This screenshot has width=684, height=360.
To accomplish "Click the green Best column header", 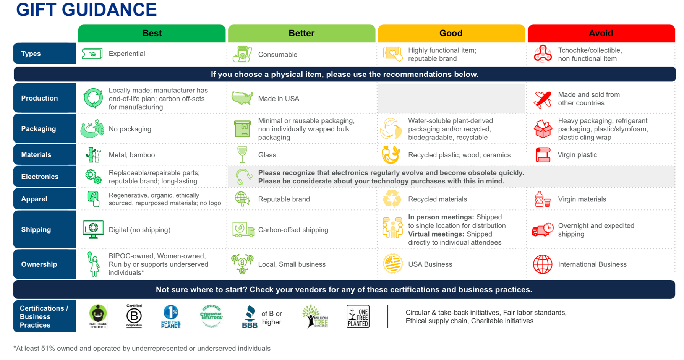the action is pyautogui.click(x=152, y=33).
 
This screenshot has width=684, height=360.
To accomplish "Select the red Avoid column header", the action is pyautogui.click(x=601, y=33).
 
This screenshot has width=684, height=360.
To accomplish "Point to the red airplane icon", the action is pyautogui.click(x=543, y=99).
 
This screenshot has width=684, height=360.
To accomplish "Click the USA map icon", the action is pyautogui.click(x=242, y=98).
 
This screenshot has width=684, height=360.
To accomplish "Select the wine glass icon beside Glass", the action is pyautogui.click(x=242, y=155).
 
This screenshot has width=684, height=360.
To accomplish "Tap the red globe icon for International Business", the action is pyautogui.click(x=543, y=264).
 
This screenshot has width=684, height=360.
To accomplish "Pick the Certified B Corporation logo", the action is pyautogui.click(x=134, y=316).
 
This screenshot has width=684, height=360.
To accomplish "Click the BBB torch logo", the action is pyautogui.click(x=250, y=316).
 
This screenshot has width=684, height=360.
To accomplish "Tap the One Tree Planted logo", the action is pyautogui.click(x=358, y=316).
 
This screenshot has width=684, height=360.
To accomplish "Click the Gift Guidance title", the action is pyautogui.click(x=86, y=10).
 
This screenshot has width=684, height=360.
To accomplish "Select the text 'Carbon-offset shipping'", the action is pyautogui.click(x=293, y=230).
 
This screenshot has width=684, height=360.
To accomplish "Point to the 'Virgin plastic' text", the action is pyautogui.click(x=577, y=155).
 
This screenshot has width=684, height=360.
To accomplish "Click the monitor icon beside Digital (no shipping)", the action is pyautogui.click(x=93, y=230).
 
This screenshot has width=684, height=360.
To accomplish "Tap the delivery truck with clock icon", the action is pyautogui.click(x=543, y=230).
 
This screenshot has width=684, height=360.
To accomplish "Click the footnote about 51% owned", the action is pyautogui.click(x=142, y=349).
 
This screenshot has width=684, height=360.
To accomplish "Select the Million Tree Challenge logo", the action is pyautogui.click(x=315, y=316).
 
